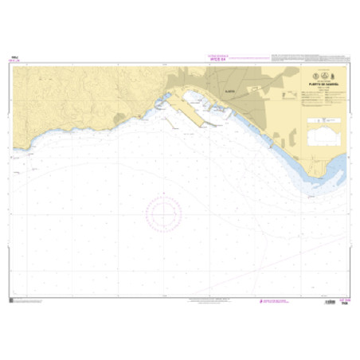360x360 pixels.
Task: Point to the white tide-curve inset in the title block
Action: [322, 128]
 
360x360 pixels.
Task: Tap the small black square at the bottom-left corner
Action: [12, 299]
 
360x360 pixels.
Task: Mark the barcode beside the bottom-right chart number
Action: [328, 302]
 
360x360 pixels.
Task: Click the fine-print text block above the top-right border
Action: [307, 58]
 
